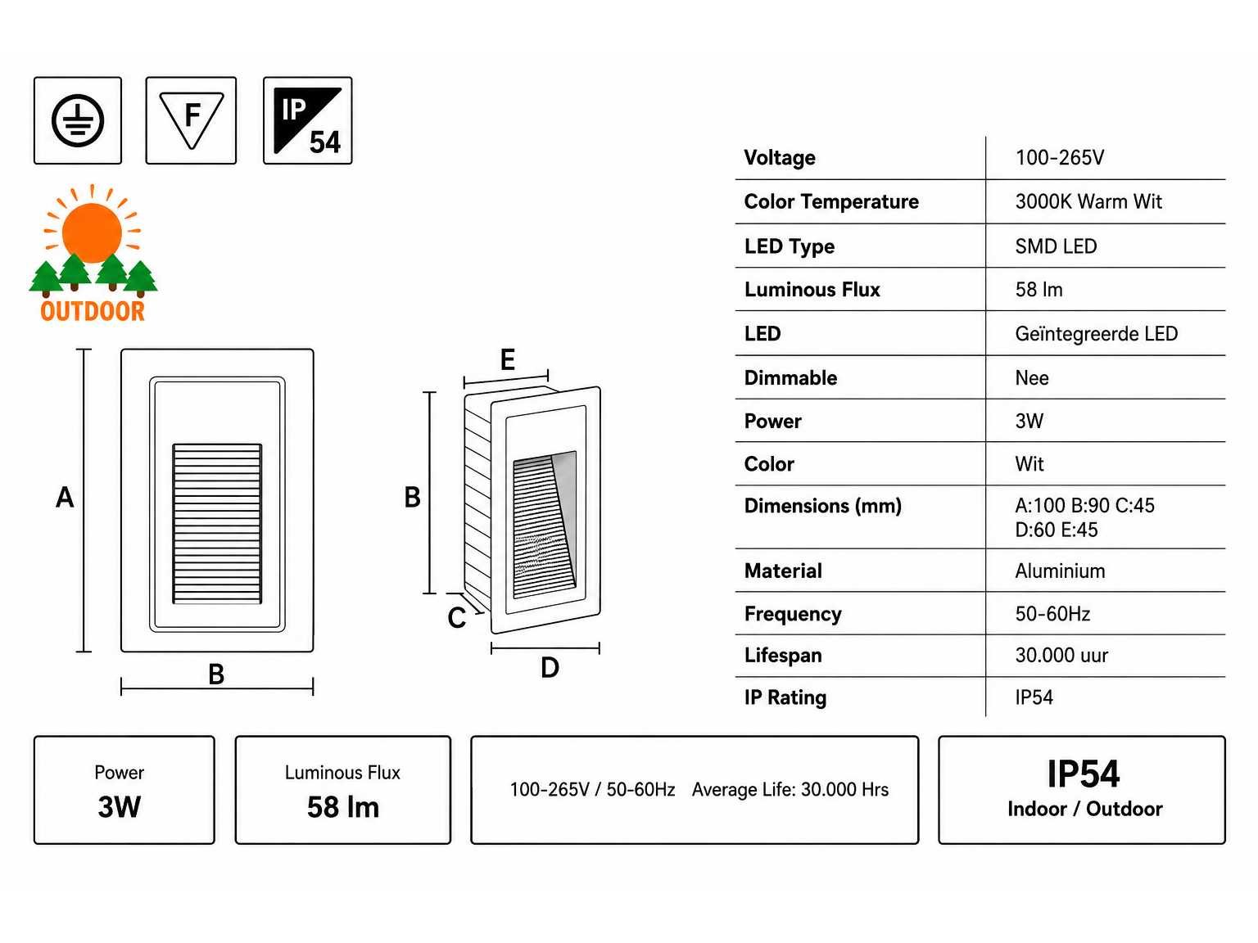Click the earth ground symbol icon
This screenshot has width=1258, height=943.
[77, 121]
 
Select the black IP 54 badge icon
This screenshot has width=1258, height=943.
[308, 121]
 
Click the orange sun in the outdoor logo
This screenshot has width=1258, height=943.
[92, 232]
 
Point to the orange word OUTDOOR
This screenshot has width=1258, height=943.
[93, 312]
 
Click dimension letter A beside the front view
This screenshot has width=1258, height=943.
[65, 497]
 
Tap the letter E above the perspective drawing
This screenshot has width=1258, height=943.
[508, 359]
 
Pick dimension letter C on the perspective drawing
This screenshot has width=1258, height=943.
[457, 618]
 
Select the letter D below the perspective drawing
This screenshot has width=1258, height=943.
[550, 668]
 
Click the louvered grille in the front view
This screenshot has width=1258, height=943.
[217, 523]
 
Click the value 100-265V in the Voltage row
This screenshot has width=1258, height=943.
[1060, 157]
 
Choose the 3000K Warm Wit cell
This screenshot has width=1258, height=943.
[1088, 201]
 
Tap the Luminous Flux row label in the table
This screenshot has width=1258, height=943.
[812, 290]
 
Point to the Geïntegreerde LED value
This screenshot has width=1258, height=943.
[1097, 333]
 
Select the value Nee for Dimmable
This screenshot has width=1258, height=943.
[1032, 378]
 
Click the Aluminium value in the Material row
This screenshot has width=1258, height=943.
[1061, 571]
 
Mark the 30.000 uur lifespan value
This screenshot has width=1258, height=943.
[1061, 655]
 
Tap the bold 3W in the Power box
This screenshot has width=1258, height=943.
[120, 807]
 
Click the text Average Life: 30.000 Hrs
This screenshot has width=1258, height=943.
[790, 790]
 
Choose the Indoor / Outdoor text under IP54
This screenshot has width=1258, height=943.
[1085, 809]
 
